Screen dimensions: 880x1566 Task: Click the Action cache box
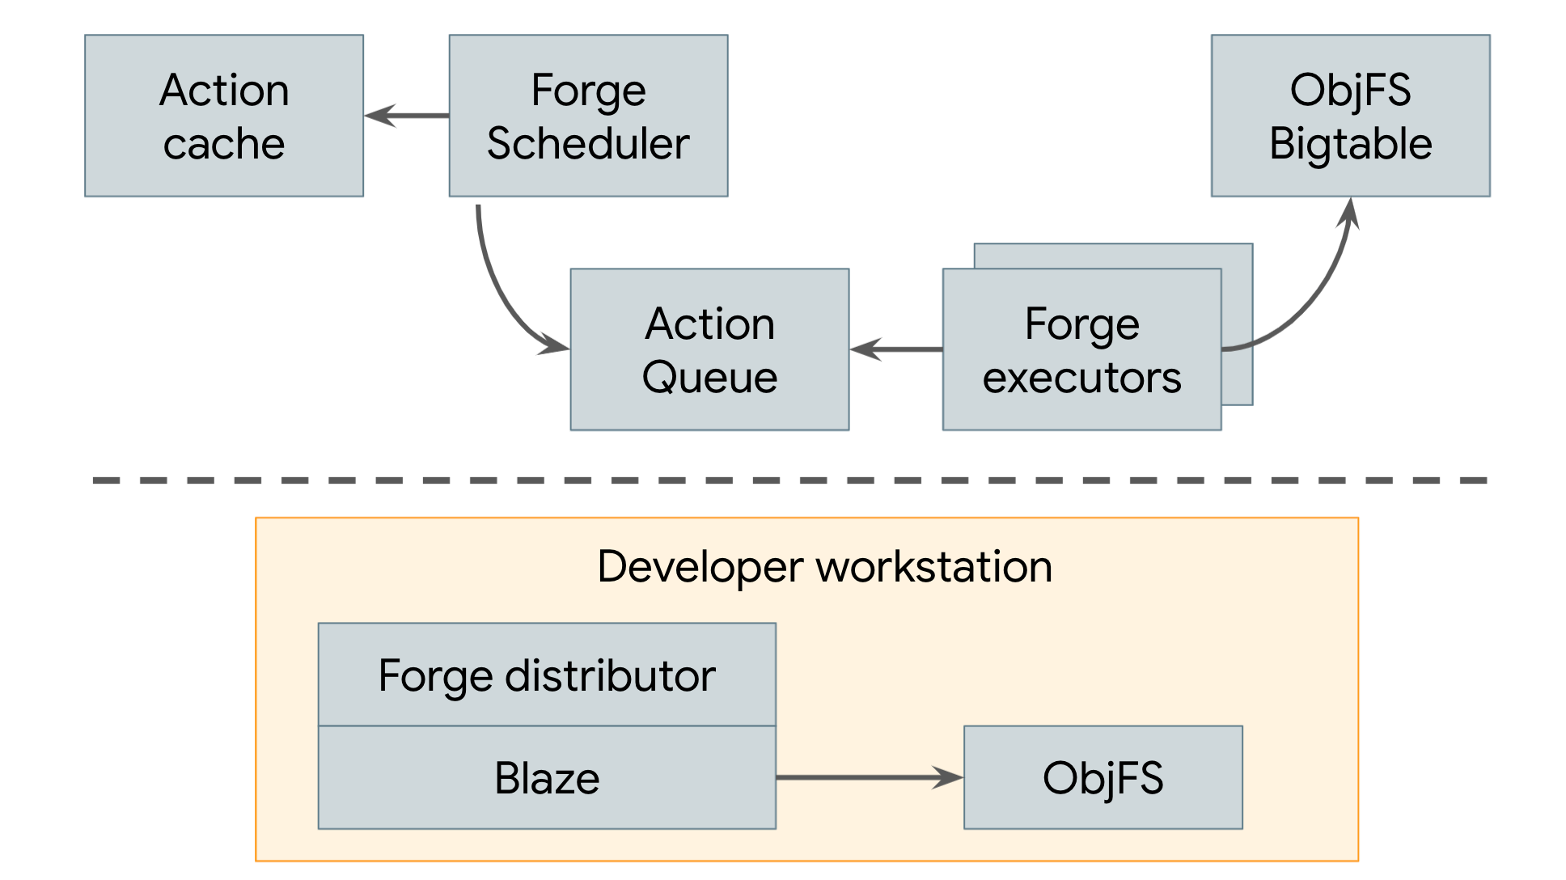(224, 116)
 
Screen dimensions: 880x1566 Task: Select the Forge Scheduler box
(588, 116)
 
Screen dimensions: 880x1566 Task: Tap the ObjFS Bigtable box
(1350, 116)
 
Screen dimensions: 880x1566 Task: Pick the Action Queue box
(709, 349)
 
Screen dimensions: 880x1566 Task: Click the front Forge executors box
(1081, 349)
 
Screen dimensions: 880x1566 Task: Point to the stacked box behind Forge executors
(1238, 324)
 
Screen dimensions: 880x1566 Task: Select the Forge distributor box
(547, 675)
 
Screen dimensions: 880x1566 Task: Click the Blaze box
(547, 777)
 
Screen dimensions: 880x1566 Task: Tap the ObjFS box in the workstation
(1103, 777)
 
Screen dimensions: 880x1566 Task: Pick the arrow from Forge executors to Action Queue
(896, 349)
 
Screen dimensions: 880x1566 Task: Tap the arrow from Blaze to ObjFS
(870, 777)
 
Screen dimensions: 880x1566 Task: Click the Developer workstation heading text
(824, 566)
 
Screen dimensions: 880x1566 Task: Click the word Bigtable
(1350, 144)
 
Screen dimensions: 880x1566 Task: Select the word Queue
(709, 378)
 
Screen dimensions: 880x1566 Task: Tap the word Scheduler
(588, 144)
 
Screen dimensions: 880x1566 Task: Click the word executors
(1081, 378)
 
